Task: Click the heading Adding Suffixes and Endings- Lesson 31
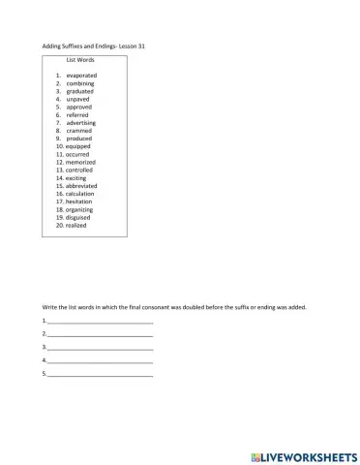tap(94, 46)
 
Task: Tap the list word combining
tap(81, 83)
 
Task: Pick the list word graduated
tap(81, 91)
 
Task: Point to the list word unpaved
tap(78, 99)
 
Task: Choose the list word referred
tap(78, 115)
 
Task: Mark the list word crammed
tap(79, 131)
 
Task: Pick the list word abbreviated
tap(81, 186)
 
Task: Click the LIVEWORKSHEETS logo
tap(303, 454)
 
